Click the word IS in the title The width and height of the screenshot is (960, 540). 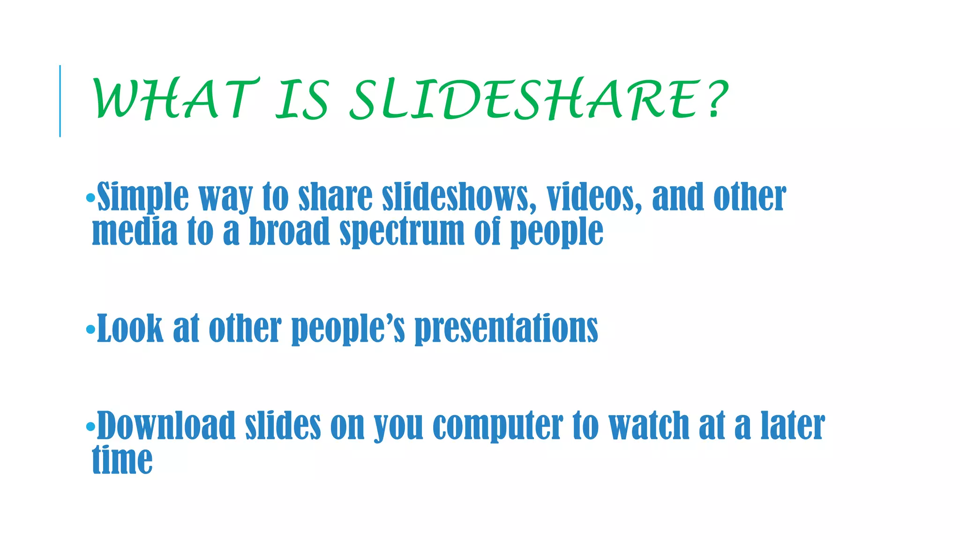302,99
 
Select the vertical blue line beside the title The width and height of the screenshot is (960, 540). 60,101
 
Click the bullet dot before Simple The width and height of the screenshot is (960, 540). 90,198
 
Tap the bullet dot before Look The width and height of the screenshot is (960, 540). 90,330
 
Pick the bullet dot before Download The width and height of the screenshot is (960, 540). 90,427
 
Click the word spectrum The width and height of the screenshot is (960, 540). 402,232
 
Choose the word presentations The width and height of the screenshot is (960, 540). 506,329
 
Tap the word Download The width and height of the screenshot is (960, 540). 166,426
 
